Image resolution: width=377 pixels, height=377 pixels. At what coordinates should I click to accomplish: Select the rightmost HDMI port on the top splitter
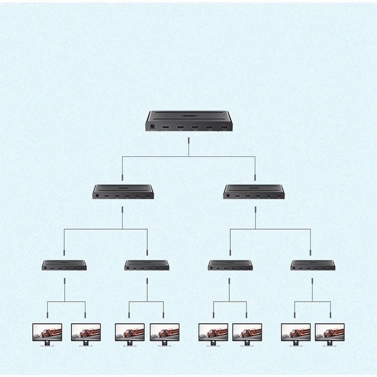pyautogui.click(x=224, y=128)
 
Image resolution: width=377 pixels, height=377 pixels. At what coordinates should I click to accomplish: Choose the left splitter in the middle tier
pyautogui.click(x=123, y=192)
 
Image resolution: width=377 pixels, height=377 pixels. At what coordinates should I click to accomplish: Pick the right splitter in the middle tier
pyautogui.click(x=254, y=192)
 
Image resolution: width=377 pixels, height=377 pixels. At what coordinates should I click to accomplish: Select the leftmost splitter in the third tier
pyautogui.click(x=64, y=265)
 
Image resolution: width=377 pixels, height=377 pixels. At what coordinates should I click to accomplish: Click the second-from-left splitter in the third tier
pyautogui.click(x=147, y=265)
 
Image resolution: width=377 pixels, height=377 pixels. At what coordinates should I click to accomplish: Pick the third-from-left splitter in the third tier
pyautogui.click(x=230, y=265)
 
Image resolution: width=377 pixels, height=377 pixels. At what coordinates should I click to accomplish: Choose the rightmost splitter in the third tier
pyautogui.click(x=313, y=265)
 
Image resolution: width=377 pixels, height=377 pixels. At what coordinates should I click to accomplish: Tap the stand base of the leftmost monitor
pyautogui.click(x=47, y=345)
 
